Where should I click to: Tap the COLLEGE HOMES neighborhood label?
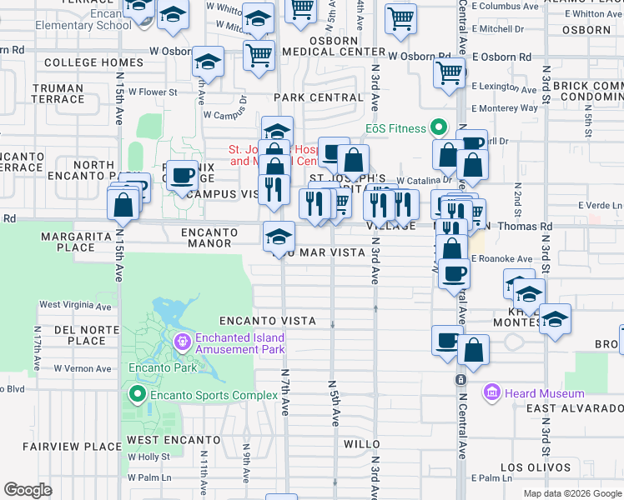click(x=83, y=62)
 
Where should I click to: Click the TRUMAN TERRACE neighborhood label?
click(x=58, y=93)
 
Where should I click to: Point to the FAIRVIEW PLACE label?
click(x=73, y=447)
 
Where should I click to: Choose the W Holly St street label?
click(x=148, y=457)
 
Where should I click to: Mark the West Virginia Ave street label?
click(x=75, y=306)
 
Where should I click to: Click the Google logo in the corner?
click(x=28, y=490)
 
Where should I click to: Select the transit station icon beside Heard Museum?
click(x=460, y=380)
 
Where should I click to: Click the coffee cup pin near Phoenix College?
click(x=183, y=176)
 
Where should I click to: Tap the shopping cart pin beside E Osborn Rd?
click(x=450, y=74)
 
